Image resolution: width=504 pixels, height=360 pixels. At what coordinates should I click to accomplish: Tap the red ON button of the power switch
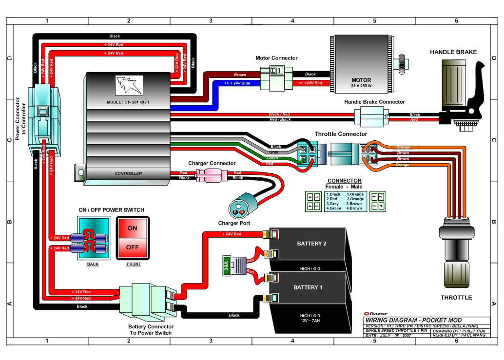coord(133,228)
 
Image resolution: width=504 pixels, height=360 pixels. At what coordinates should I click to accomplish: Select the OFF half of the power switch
coord(133,247)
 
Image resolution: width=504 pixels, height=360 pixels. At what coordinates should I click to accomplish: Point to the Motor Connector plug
coord(272,78)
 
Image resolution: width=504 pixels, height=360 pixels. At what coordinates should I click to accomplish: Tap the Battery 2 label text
coord(311,244)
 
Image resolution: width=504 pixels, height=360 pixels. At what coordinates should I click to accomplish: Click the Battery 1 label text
coord(308,287)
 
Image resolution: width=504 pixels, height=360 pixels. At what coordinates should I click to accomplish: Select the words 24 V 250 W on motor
coord(361,86)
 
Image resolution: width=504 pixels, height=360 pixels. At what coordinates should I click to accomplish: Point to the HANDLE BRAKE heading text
coord(453,52)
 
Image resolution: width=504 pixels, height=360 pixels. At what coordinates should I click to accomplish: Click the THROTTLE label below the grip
coord(456,297)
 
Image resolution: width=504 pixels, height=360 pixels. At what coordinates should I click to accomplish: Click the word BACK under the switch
coord(93,264)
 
